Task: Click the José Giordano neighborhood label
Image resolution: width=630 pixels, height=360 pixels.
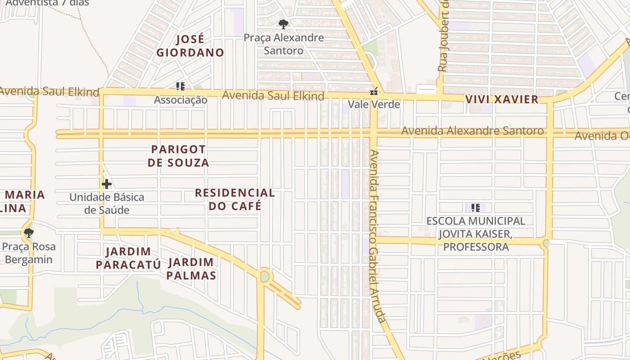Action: click(x=190, y=46)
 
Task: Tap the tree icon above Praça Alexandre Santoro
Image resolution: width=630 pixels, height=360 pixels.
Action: click(x=283, y=24)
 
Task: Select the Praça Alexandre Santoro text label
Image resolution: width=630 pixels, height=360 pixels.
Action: click(x=283, y=44)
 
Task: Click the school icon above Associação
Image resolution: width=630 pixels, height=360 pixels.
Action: click(x=180, y=86)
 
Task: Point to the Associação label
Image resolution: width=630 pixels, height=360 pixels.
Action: click(x=180, y=100)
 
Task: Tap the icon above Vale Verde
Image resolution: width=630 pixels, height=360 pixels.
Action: click(x=373, y=92)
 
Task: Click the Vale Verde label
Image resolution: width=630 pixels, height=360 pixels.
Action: click(x=373, y=104)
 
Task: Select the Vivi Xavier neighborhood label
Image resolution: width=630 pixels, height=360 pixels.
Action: click(x=502, y=99)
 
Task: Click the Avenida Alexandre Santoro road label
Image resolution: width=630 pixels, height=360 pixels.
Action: click(x=472, y=131)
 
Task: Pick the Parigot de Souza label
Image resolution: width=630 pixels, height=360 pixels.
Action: click(x=178, y=156)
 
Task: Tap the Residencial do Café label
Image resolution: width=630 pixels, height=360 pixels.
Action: click(x=234, y=199)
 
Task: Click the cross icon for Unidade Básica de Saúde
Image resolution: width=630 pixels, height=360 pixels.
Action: click(x=107, y=184)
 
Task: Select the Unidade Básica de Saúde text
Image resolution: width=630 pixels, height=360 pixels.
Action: click(x=107, y=203)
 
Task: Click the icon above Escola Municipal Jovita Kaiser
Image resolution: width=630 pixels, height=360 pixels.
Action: click(x=476, y=208)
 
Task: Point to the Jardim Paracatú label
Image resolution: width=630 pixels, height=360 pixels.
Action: click(x=128, y=258)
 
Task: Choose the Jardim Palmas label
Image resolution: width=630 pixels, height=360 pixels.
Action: click(x=191, y=269)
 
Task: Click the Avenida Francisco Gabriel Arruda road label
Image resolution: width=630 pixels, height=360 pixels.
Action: click(x=377, y=236)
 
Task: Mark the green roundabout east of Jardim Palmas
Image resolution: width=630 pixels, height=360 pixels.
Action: click(x=265, y=276)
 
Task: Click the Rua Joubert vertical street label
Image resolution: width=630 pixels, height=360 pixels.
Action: click(x=443, y=36)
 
